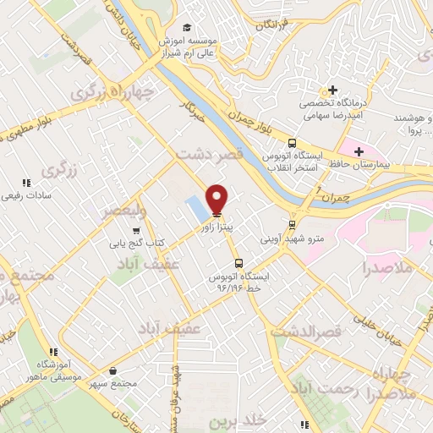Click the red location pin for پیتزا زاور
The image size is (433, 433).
[x=216, y=200]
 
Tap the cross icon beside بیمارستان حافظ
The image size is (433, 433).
[x=359, y=151]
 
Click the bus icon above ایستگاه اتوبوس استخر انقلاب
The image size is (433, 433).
[x=292, y=143]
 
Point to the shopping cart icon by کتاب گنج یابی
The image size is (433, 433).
[x=135, y=230]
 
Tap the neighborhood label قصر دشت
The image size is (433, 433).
[x=210, y=155]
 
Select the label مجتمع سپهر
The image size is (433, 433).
[x=114, y=384]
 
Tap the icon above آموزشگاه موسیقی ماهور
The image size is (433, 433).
[x=53, y=352]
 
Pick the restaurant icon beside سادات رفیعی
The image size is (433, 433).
[x=26, y=182]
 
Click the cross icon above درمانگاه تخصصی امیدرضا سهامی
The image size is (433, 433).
[x=333, y=90]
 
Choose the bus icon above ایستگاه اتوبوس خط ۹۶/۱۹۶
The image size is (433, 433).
[x=238, y=262]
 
